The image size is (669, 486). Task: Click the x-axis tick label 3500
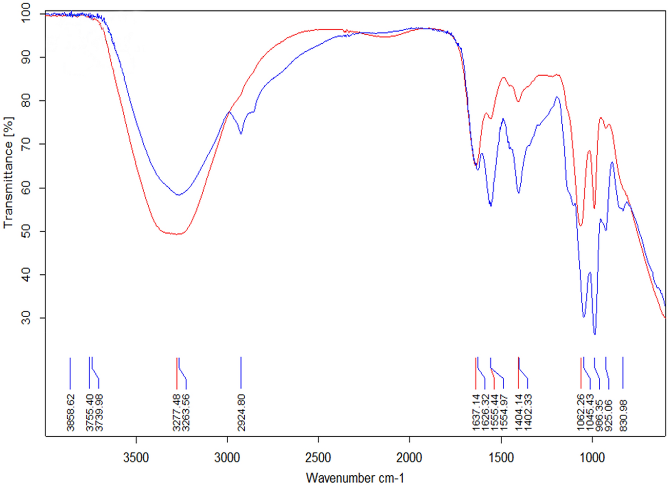[136, 457]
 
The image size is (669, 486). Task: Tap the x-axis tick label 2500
[318, 457]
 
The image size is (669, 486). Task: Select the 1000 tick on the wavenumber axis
[592, 457]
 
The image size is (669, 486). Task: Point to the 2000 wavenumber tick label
[410, 457]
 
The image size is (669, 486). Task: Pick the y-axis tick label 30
[25, 318]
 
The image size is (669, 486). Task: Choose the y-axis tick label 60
[25, 188]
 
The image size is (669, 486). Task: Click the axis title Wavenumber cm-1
[355, 478]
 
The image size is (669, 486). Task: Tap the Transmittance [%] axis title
[8, 172]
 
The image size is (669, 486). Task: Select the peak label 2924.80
[241, 412]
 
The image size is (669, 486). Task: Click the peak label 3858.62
[71, 412]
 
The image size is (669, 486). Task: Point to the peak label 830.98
[623, 415]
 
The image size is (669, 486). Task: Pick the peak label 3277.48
[177, 412]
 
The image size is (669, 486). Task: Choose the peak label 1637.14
[476, 412]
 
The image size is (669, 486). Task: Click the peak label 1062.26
[581, 412]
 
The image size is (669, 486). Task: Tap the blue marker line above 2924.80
[241, 373]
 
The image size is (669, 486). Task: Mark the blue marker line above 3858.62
[70, 373]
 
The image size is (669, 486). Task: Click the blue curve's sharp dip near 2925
[241, 133]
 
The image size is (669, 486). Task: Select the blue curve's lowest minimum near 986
[594, 334]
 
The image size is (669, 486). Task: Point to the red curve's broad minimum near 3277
[178, 234]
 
